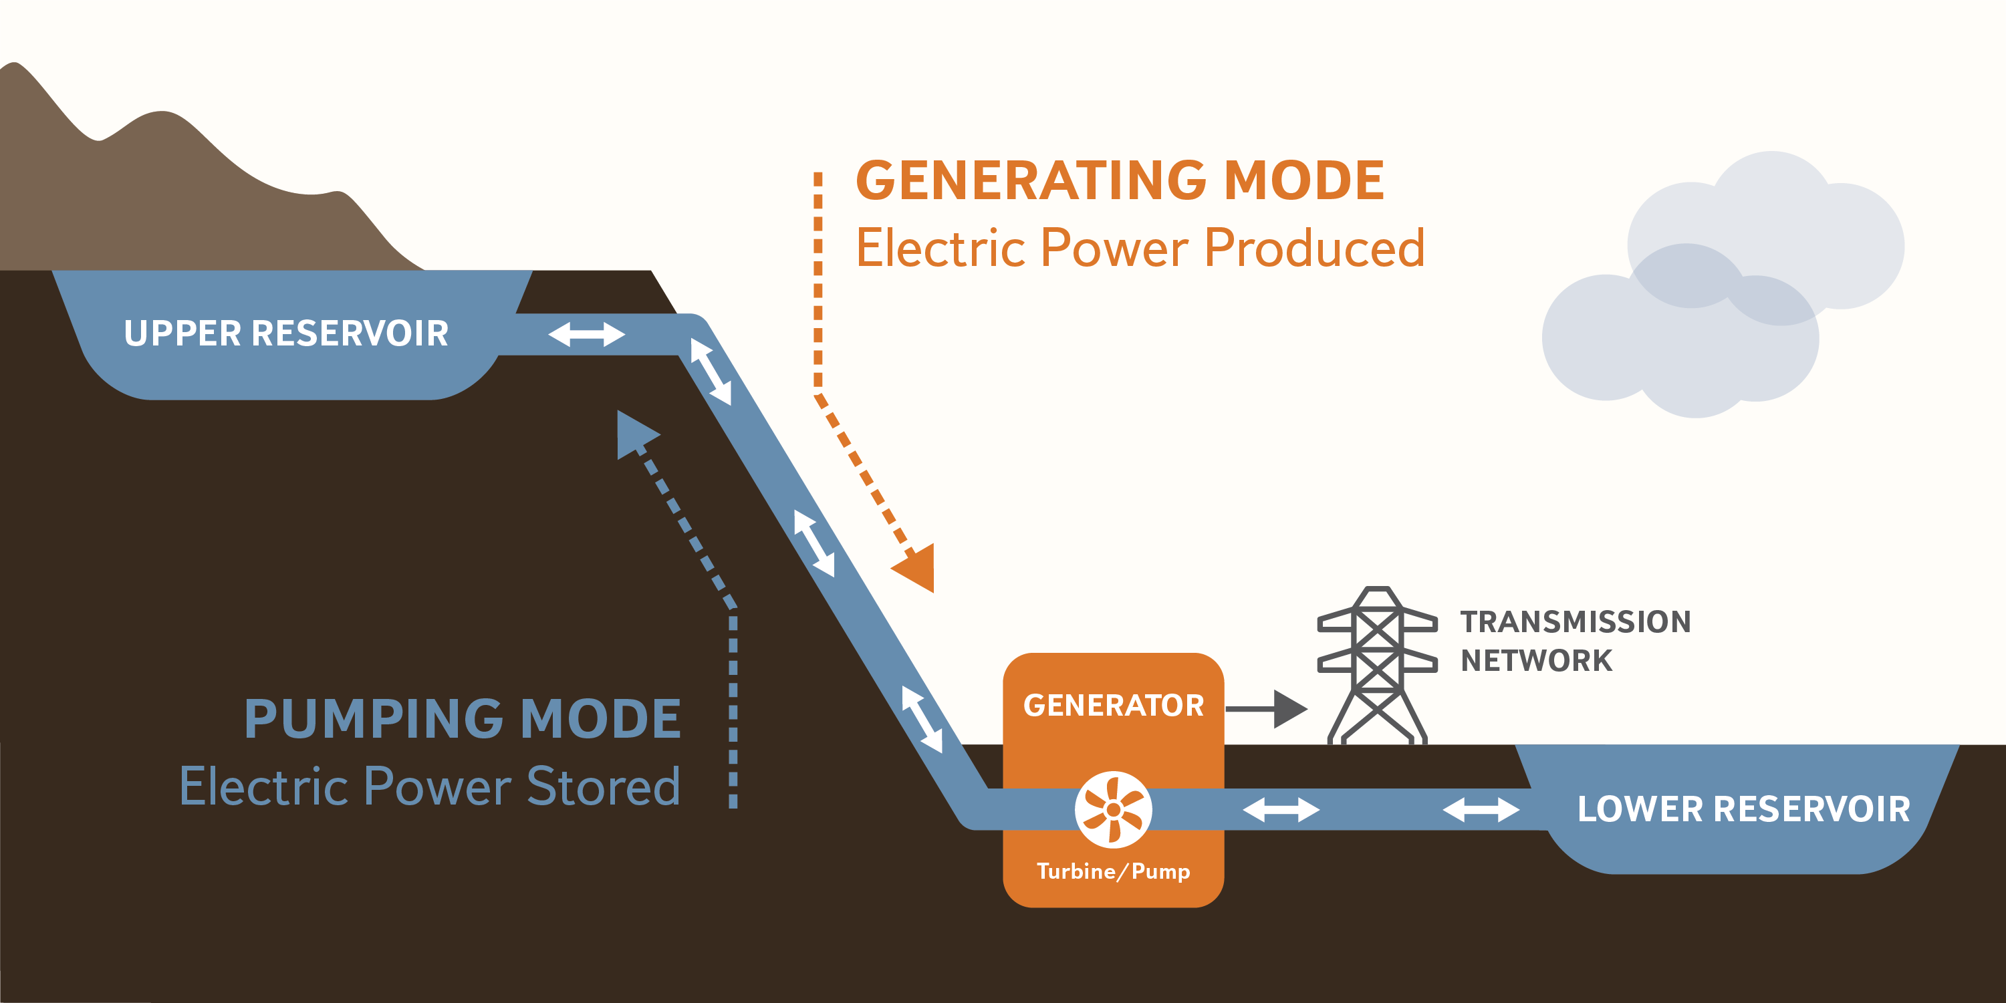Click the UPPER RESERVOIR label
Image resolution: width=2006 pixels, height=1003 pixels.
pyautogui.click(x=286, y=333)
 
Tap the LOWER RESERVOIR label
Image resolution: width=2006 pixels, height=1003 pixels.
pyautogui.click(x=1743, y=809)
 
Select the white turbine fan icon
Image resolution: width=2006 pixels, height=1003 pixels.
pyautogui.click(x=1113, y=809)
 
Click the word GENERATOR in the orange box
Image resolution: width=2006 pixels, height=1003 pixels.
pyautogui.click(x=1113, y=706)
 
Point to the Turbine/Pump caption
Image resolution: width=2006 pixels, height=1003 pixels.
pyautogui.click(x=1113, y=871)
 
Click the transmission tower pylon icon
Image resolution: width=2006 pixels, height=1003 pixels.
pyautogui.click(x=1377, y=666)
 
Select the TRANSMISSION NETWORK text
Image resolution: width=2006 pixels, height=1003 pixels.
pyautogui.click(x=1575, y=641)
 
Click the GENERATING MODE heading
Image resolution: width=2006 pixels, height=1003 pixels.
pyautogui.click(x=1120, y=180)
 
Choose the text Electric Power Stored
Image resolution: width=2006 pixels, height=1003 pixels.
pyautogui.click(x=430, y=786)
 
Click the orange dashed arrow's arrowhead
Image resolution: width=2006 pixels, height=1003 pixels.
pyautogui.click(x=917, y=567)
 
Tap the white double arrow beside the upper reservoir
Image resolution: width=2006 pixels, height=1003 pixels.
pyautogui.click(x=586, y=335)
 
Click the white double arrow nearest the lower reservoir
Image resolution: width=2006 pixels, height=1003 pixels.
pyautogui.click(x=1481, y=809)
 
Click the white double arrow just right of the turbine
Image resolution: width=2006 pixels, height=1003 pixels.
pyautogui.click(x=1281, y=809)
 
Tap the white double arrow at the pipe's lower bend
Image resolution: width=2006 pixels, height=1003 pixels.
pyautogui.click(x=922, y=719)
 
